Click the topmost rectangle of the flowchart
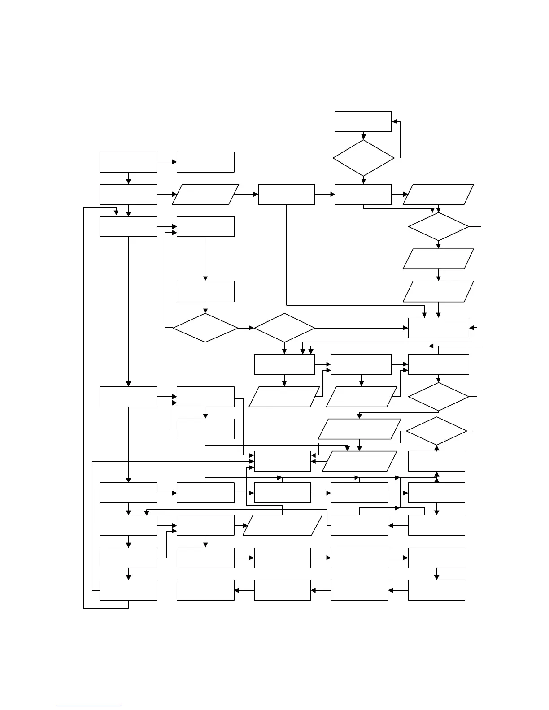tap(363, 121)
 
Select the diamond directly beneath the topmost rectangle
tap(363, 158)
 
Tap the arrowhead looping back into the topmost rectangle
tap(394, 121)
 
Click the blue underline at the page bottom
tap(89, 706)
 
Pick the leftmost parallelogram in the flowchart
tap(205, 194)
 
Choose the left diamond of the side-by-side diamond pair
tap(205, 328)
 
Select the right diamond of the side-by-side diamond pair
tap(284, 328)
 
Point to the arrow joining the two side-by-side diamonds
tap(246, 328)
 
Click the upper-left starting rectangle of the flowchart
tap(128, 162)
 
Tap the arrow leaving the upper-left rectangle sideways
tap(167, 162)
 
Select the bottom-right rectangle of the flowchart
tap(436, 590)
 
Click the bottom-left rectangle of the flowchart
tap(128, 590)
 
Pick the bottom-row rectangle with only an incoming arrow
tap(205, 590)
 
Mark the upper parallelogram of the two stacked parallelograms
tap(438, 259)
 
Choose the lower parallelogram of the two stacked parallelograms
tap(438, 291)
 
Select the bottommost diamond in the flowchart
tap(436, 431)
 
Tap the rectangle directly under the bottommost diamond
tap(436, 461)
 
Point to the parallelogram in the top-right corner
tap(438, 194)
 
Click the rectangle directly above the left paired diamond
tap(205, 291)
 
